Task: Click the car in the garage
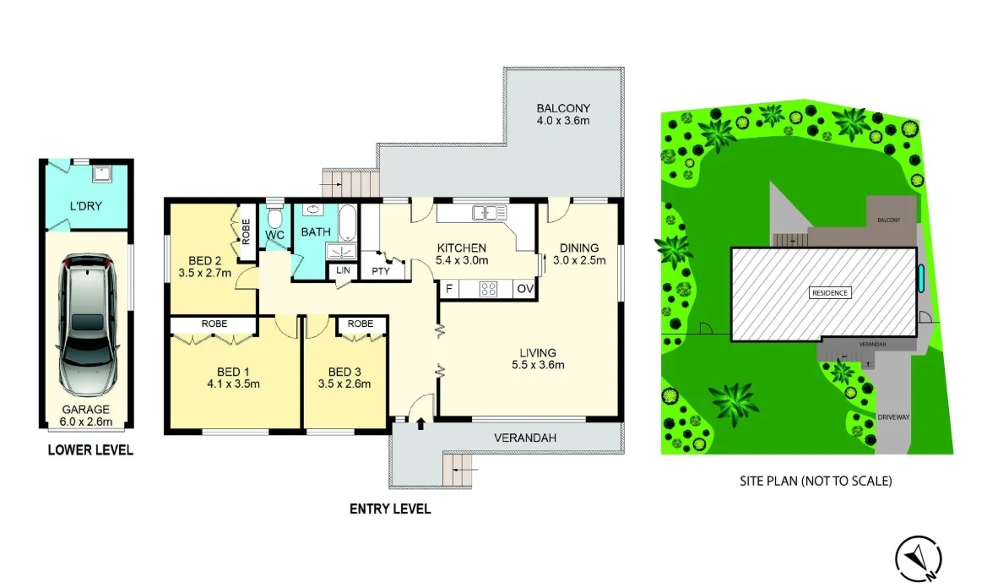tap(84, 326)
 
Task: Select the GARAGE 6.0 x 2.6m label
tap(84, 415)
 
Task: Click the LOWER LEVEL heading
tap(90, 450)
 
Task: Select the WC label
tap(274, 234)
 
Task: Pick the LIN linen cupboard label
tap(343, 269)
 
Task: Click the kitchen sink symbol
tap(488, 213)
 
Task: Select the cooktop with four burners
tap(488, 290)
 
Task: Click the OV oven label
tap(524, 290)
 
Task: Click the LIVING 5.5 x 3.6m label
tap(538, 359)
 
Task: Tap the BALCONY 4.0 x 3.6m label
tap(563, 114)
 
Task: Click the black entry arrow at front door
tap(420, 423)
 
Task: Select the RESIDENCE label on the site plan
tap(831, 292)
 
